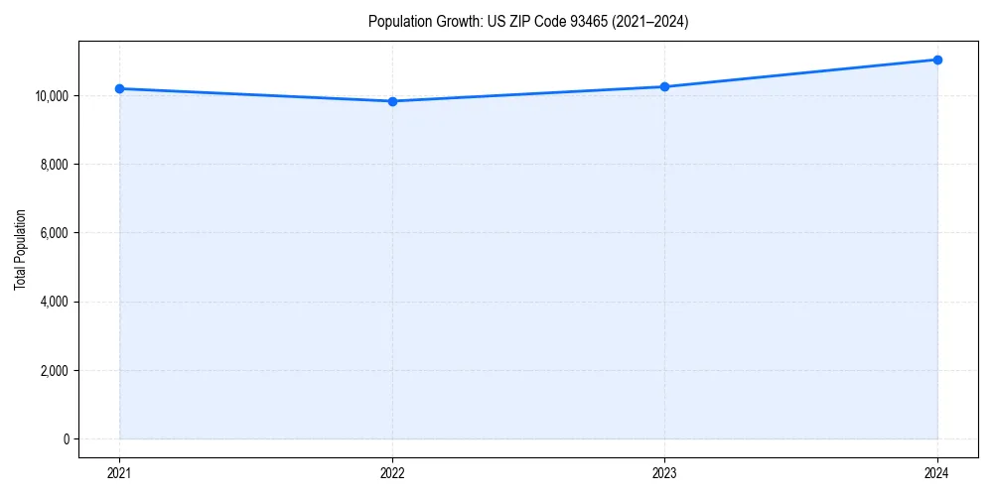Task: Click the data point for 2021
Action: click(x=119, y=88)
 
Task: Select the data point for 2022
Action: click(x=392, y=101)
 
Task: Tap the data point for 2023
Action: click(x=664, y=86)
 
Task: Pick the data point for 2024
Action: click(x=937, y=60)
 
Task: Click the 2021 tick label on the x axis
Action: click(x=119, y=472)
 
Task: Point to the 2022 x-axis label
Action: click(x=392, y=472)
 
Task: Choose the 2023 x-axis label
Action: click(x=664, y=472)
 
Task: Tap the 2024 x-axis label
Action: click(x=937, y=472)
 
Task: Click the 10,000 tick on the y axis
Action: click(x=50, y=96)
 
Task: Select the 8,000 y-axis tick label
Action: click(x=53, y=165)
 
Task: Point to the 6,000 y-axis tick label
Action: click(x=53, y=233)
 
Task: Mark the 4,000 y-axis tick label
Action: click(x=53, y=302)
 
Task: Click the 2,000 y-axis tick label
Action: click(x=53, y=371)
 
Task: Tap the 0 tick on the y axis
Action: click(x=65, y=439)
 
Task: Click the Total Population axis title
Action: click(x=20, y=249)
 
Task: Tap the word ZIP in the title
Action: click(x=514, y=22)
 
